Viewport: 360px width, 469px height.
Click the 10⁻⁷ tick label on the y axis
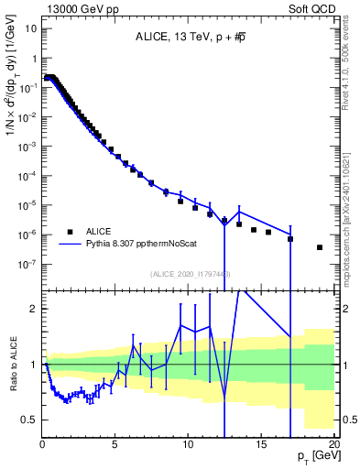point(27,264)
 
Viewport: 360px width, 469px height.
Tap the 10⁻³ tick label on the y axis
point(27,147)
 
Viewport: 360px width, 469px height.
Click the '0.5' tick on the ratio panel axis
point(28,420)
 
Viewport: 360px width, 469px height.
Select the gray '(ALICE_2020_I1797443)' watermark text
point(191,273)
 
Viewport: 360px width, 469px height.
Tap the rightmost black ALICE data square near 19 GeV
point(320,247)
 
